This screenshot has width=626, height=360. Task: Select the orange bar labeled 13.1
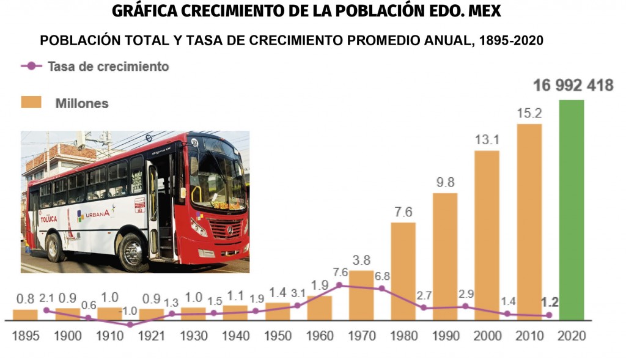click(x=487, y=235)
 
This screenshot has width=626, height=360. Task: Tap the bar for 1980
click(x=403, y=271)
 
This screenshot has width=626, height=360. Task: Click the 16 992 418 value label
click(x=572, y=86)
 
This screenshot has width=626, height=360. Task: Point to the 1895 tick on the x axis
click(x=25, y=336)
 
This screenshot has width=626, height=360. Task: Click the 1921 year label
click(x=152, y=336)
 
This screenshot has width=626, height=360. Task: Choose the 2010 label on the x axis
click(x=529, y=336)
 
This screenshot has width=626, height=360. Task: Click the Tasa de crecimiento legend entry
click(x=95, y=66)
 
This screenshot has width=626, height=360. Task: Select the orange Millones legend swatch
click(x=31, y=102)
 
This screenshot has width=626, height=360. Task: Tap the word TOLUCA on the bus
click(x=48, y=218)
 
